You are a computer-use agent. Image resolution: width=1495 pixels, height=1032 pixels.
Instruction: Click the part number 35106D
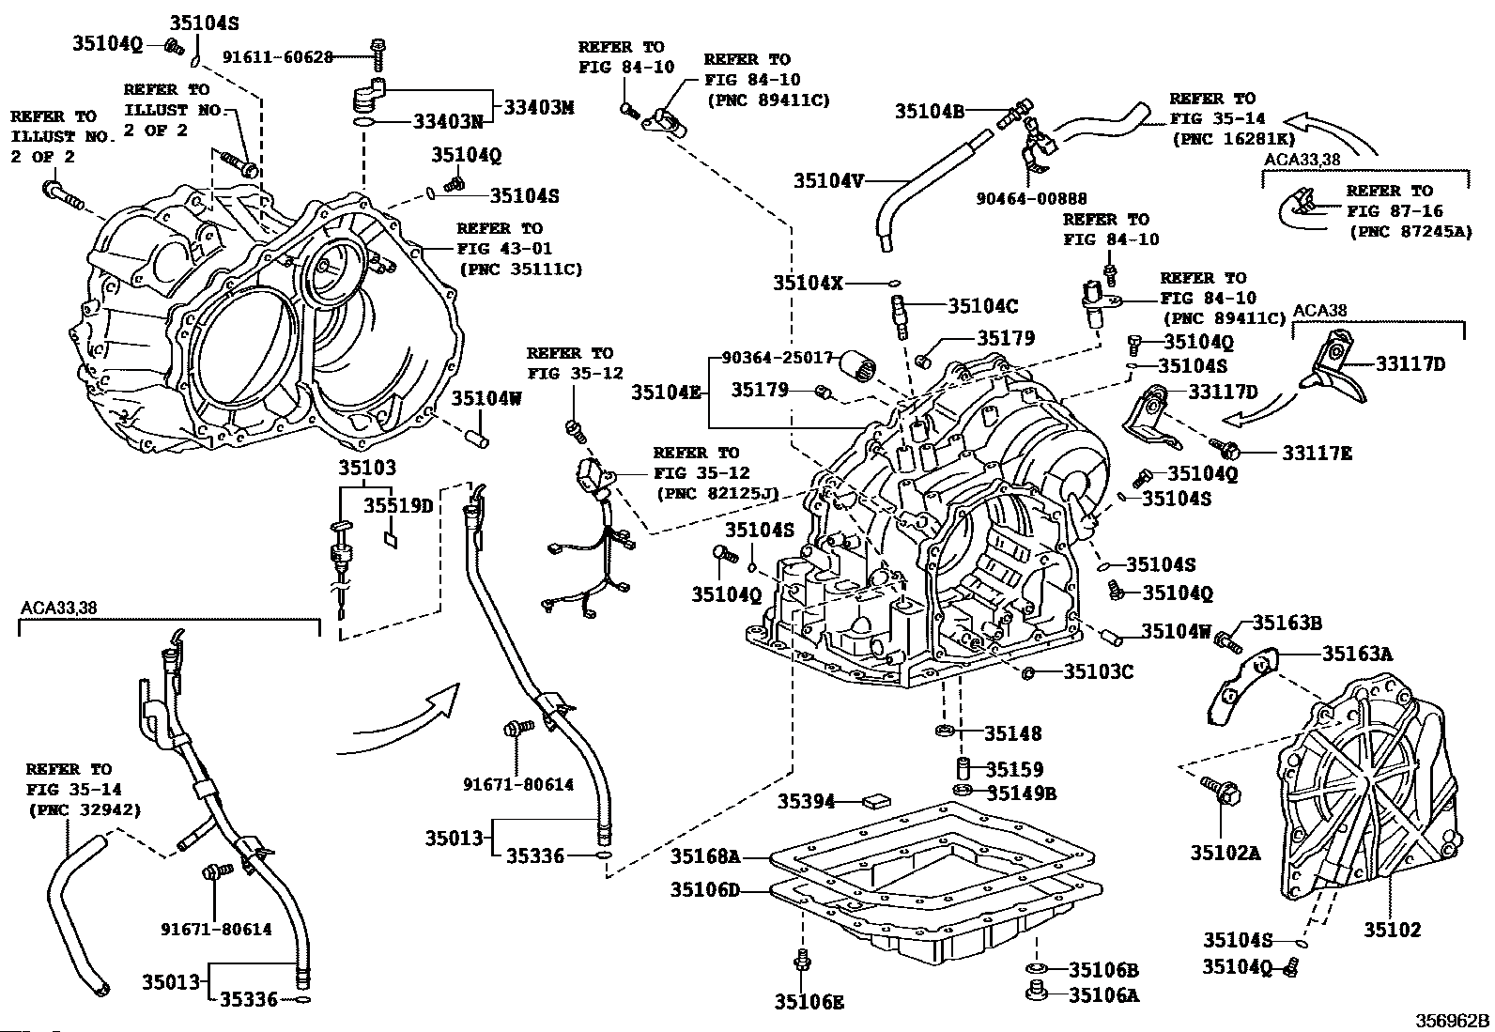pyautogui.click(x=704, y=888)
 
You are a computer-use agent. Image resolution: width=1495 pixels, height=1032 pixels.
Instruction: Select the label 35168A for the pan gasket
pyautogui.click(x=704, y=856)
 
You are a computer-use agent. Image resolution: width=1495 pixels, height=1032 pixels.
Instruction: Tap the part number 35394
pyautogui.click(x=806, y=801)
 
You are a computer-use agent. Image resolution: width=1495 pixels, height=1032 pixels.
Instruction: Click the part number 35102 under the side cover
pyautogui.click(x=1392, y=930)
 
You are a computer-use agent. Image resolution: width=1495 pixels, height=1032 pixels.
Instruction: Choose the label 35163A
pyautogui.click(x=1357, y=654)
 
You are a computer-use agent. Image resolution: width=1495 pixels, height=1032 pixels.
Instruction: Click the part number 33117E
pyautogui.click(x=1317, y=454)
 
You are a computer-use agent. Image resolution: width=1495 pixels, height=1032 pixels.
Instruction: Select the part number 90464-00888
pyautogui.click(x=1032, y=198)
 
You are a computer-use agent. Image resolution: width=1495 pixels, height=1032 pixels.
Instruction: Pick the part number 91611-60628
pyautogui.click(x=278, y=57)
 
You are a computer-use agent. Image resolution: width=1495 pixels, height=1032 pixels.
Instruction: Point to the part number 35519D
pyautogui.click(x=398, y=506)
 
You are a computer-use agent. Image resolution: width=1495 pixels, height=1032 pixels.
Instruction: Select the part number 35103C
pyautogui.click(x=1099, y=671)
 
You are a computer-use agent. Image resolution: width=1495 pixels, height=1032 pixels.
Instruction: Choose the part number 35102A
pyautogui.click(x=1225, y=853)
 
